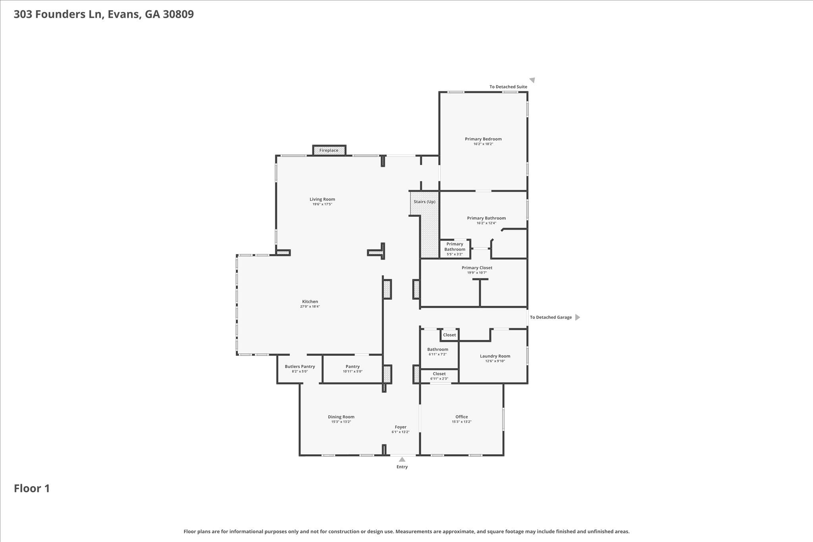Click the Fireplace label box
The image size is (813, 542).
(329, 150)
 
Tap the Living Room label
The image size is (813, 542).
(322, 199)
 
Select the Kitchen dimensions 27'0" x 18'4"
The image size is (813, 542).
(310, 307)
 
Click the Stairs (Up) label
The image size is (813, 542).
(424, 202)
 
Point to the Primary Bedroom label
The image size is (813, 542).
(483, 139)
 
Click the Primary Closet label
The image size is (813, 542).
(477, 268)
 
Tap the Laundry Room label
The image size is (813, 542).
(495, 356)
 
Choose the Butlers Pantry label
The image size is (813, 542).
(300, 366)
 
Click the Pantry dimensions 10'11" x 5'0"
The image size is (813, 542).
(353, 372)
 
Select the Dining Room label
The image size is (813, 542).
(341, 417)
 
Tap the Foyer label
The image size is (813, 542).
(400, 427)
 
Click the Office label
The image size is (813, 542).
(461, 417)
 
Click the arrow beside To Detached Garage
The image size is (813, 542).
(578, 317)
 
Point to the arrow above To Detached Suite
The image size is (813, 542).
(532, 80)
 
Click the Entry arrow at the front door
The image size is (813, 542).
(402, 460)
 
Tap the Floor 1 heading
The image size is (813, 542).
(32, 488)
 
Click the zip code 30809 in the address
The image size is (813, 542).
(178, 14)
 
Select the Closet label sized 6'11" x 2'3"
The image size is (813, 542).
(439, 374)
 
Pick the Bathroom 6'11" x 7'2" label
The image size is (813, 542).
(437, 349)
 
